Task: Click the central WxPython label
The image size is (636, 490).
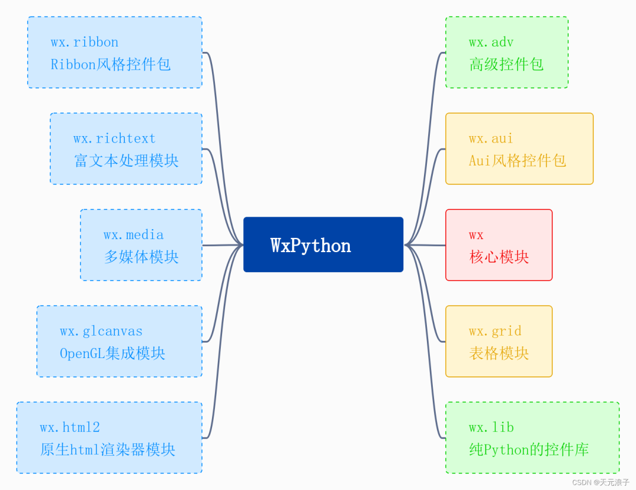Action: (310, 245)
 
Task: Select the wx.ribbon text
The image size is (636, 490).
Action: (84, 42)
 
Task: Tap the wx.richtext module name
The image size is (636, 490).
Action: (114, 139)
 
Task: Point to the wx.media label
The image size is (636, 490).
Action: (134, 235)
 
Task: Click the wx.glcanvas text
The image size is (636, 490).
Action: (101, 332)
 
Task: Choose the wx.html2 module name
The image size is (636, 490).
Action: (69, 428)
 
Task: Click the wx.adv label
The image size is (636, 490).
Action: (491, 42)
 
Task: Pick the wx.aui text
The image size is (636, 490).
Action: (491, 139)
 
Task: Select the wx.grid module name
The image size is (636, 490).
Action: (495, 332)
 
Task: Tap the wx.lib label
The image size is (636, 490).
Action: (491, 428)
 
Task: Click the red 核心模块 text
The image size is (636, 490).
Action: (499, 257)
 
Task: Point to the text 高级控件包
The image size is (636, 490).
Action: (506, 64)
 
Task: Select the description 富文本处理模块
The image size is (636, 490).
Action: (126, 161)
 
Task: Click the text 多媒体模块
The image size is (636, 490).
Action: (141, 257)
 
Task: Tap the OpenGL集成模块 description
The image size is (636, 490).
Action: (112, 353)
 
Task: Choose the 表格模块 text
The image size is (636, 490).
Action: (499, 353)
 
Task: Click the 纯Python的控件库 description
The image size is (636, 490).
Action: (529, 450)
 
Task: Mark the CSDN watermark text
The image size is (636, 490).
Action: (601, 482)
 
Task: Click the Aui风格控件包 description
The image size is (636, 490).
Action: (517, 161)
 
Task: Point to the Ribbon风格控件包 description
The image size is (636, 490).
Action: (111, 64)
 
